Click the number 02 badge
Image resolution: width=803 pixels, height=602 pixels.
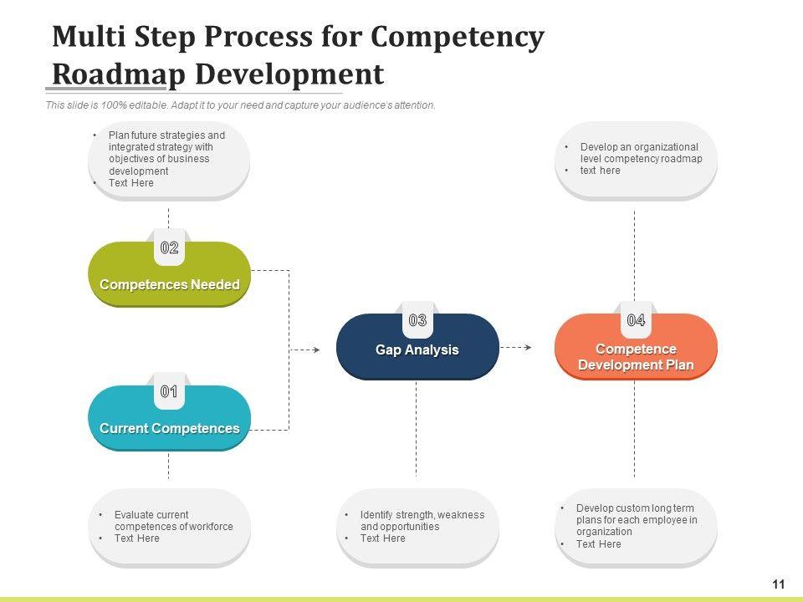pos(169,247)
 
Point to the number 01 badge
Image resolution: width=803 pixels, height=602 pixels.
pos(169,391)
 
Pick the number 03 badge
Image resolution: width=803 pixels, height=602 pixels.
pos(417,320)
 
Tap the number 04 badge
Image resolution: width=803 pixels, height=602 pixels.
pos(636,320)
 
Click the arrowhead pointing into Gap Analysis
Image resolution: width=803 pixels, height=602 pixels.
pos(315,349)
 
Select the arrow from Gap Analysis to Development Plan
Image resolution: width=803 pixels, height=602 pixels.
pos(516,345)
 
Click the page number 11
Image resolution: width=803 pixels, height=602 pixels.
pos(779,584)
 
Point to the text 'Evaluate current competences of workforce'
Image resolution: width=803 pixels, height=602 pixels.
pos(173,521)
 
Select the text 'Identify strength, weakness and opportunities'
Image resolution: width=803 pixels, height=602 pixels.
pos(422,521)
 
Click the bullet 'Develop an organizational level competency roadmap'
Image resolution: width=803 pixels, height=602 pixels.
pos(641,152)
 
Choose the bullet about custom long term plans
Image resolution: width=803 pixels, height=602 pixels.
pos(636,520)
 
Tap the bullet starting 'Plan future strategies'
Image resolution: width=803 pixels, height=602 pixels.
pos(166,152)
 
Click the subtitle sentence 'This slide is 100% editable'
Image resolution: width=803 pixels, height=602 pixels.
pos(240,105)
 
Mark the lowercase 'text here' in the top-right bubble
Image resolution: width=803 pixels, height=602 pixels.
pos(600,171)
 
